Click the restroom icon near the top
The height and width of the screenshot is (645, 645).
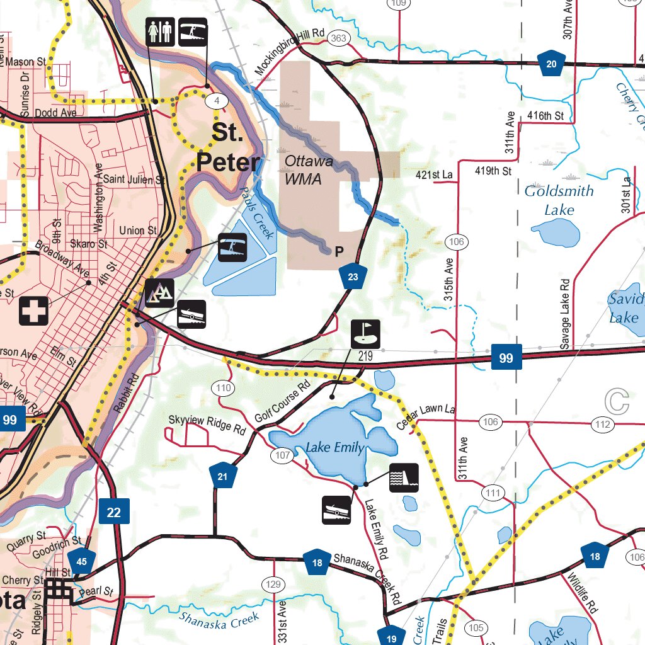pos(160,31)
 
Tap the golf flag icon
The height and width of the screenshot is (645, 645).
pos(365,334)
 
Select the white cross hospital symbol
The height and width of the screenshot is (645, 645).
pos(33,311)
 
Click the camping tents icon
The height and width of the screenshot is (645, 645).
pos(159,292)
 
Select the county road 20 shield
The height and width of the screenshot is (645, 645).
pos(552,62)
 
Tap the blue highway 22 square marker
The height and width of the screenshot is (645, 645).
pos(114,511)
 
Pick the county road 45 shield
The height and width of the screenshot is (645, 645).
pos(82,561)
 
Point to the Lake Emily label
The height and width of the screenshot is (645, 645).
pos(334,448)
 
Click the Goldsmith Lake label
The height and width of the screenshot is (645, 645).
pos(559,200)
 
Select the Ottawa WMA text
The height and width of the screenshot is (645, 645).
pos(304,170)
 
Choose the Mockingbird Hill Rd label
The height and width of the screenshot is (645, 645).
pos(289,53)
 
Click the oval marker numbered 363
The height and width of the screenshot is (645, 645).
pos(338,39)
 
